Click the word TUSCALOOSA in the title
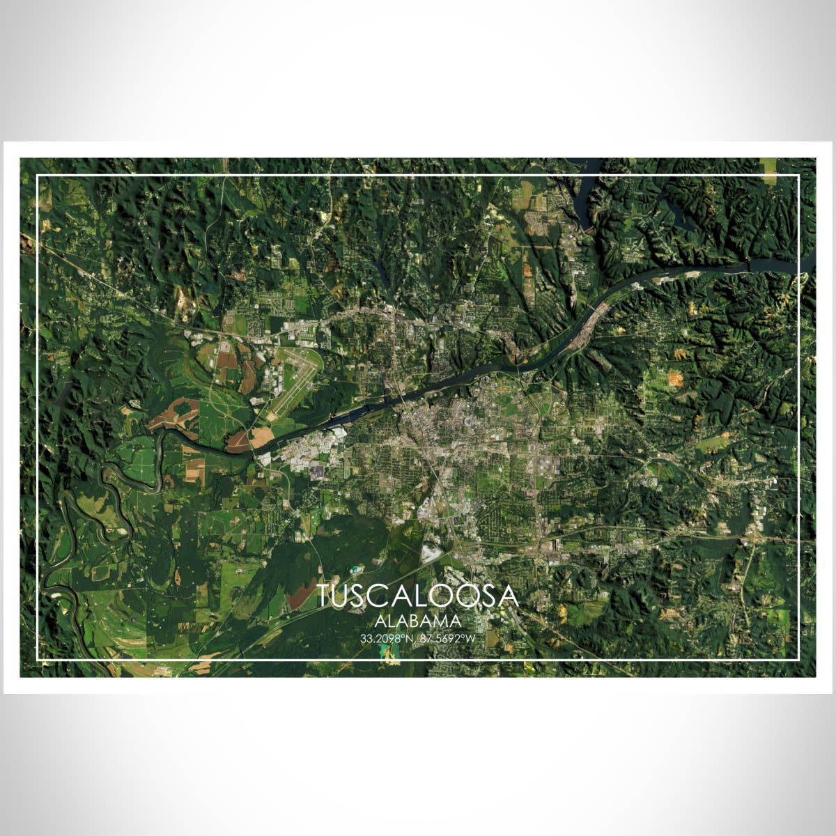pos(417,596)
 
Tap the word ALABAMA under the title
pos(417,621)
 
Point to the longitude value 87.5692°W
pos(449,638)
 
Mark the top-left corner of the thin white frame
pos(38,176)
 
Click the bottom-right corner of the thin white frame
pos(798,659)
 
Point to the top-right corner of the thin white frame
pos(798,176)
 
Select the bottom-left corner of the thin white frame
pos(38,659)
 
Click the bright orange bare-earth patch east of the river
pos(674,378)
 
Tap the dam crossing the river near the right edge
pos(748,265)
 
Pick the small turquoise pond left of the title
pos(357,569)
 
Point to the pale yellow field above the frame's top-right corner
pos(768,166)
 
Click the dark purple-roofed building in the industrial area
pos(317,472)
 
